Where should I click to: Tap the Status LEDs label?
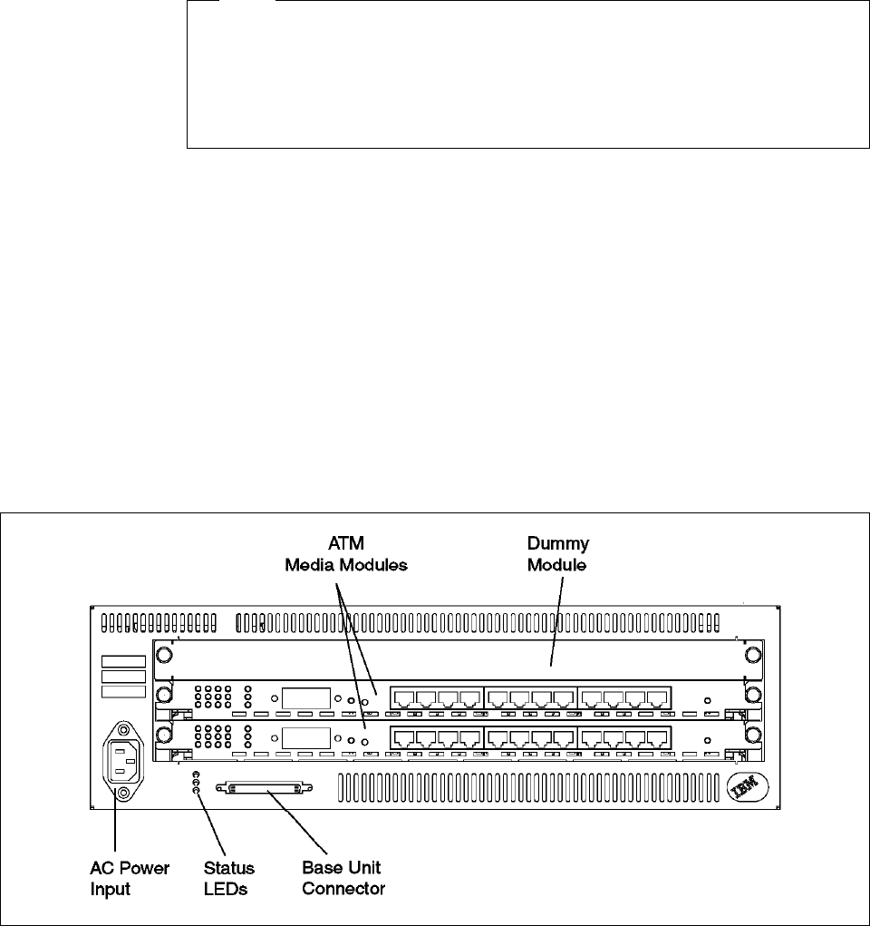click(x=229, y=879)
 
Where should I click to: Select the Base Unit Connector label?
click(x=343, y=879)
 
